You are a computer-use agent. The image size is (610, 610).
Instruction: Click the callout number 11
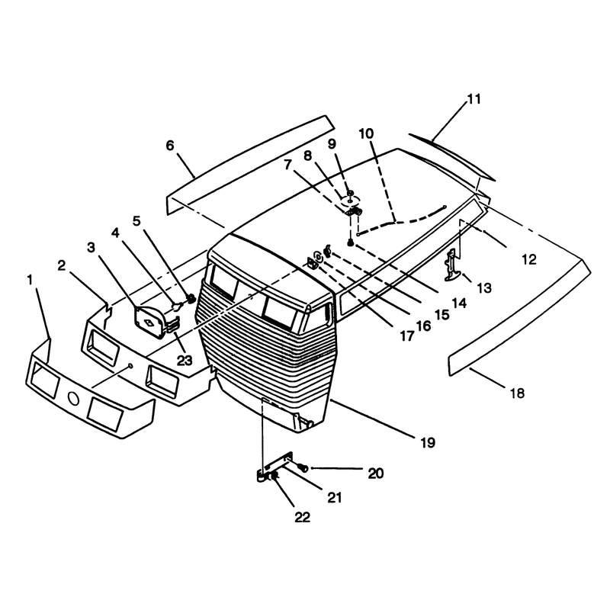(474, 99)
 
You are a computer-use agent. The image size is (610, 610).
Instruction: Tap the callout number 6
(170, 146)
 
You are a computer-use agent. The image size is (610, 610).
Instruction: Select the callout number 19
(428, 442)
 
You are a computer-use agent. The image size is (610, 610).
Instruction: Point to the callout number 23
(185, 361)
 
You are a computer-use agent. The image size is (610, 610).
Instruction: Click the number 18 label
(517, 393)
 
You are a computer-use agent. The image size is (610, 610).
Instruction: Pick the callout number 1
(30, 280)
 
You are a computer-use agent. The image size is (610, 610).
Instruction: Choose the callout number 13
(484, 288)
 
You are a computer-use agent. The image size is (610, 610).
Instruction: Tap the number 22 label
(302, 518)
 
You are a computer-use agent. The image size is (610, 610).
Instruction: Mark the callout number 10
(366, 133)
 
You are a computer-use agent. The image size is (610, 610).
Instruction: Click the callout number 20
(376, 473)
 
